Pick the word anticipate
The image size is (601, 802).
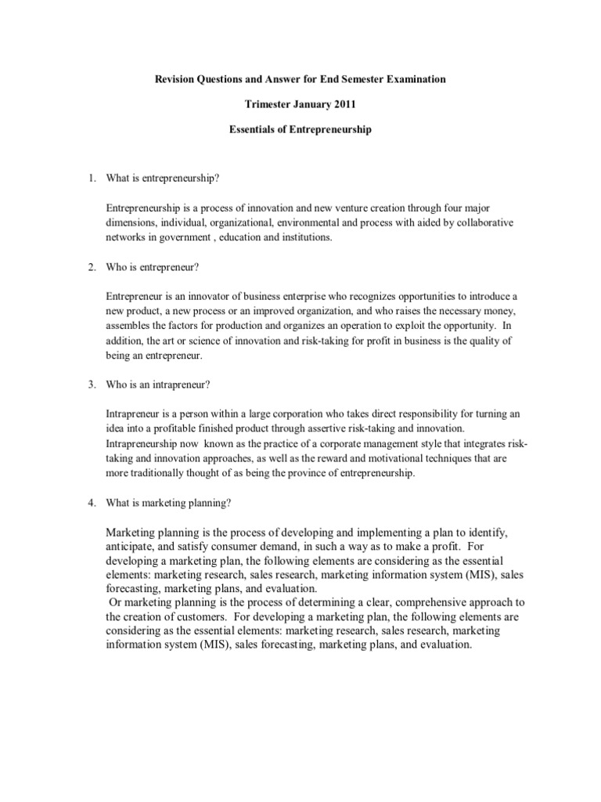[133, 544]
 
